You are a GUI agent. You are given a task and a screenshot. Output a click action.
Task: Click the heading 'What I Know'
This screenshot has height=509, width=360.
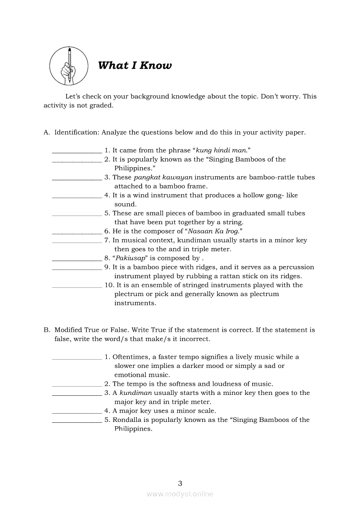pos(135,66)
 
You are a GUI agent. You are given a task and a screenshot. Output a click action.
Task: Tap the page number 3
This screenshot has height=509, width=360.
pos(180,483)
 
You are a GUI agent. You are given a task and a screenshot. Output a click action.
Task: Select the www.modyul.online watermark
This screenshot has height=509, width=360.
pos(180,494)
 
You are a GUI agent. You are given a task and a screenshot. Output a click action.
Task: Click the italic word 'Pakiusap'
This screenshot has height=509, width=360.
pos(129,258)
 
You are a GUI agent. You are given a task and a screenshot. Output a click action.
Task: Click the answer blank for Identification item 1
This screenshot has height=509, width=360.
pos(77,152)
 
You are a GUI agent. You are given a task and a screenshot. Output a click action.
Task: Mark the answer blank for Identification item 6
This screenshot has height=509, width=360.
pos(77,233)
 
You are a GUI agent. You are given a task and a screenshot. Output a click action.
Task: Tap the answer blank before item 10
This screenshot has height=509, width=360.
pos(77,287)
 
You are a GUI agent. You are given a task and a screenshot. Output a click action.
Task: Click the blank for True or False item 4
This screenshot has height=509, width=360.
pos(77,412)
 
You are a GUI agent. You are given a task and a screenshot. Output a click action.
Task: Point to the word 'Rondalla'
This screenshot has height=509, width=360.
pos(127,420)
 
